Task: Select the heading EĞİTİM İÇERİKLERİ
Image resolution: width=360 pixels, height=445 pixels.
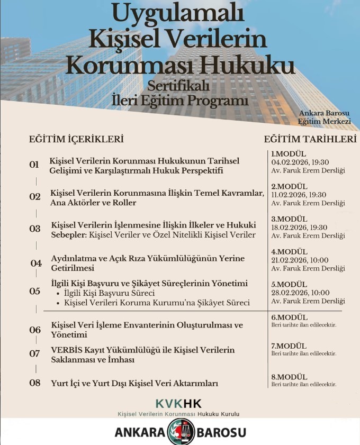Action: tap(76, 139)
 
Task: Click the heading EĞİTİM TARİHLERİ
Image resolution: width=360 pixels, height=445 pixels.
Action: tap(310, 139)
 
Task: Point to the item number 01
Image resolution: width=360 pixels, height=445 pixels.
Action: tap(34, 165)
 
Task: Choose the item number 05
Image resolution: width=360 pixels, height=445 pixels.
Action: tap(34, 291)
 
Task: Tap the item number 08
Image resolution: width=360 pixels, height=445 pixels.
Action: tap(34, 383)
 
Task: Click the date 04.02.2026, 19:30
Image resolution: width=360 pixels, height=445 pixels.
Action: tap(300, 162)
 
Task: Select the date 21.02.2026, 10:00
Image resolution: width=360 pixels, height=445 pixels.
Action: tap(300, 260)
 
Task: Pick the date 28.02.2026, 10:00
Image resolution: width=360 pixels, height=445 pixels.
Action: tap(300, 293)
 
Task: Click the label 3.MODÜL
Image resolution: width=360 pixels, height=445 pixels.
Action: tap(289, 219)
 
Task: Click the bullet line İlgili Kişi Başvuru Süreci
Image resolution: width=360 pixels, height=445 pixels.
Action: tap(109, 293)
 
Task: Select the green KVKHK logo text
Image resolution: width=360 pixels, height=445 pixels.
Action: tap(179, 403)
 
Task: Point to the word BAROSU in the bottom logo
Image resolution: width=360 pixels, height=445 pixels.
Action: tap(221, 432)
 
